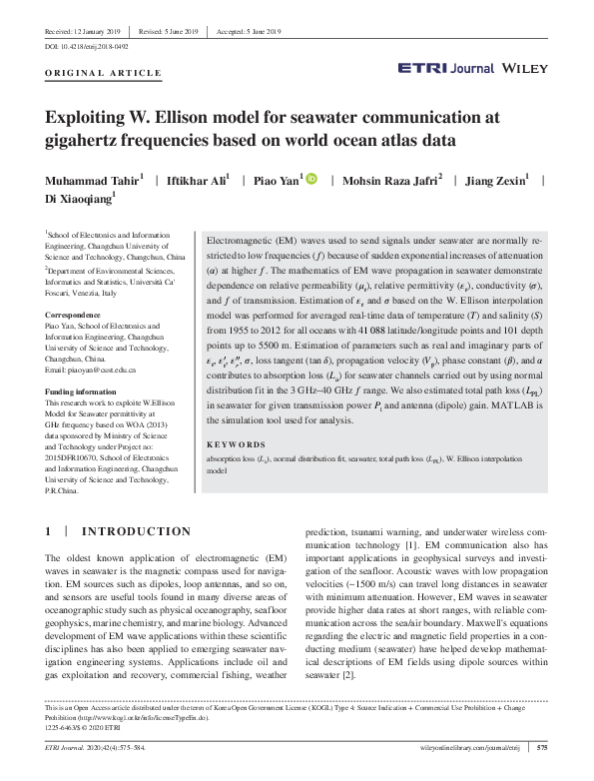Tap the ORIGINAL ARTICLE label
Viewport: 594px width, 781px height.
click(104, 73)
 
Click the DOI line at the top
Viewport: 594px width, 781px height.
click(86, 46)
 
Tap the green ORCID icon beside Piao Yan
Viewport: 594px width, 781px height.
click(311, 179)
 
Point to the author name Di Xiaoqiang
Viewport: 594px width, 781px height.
click(83, 201)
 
